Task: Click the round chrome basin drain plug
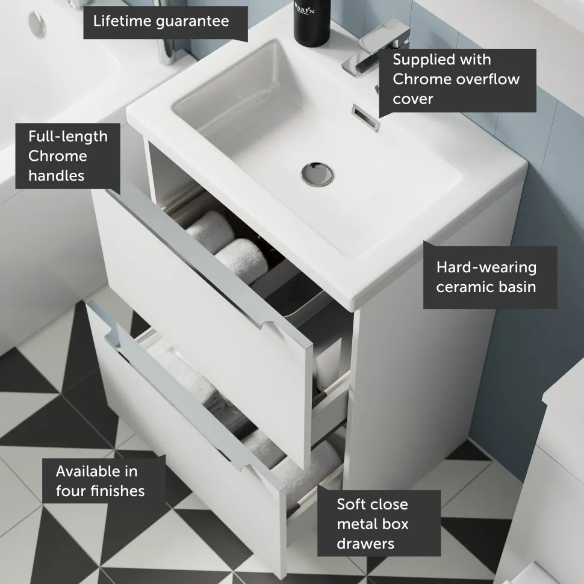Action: click(317, 174)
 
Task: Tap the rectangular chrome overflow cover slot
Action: click(365, 117)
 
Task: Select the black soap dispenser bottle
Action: click(312, 22)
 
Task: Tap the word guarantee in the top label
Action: click(193, 22)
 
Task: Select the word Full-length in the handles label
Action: click(68, 137)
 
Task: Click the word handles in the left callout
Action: click(56, 175)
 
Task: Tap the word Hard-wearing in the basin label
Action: click(486, 268)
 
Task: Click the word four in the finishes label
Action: click(72, 491)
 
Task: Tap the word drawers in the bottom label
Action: click(365, 544)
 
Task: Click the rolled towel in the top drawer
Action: click(241, 258)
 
